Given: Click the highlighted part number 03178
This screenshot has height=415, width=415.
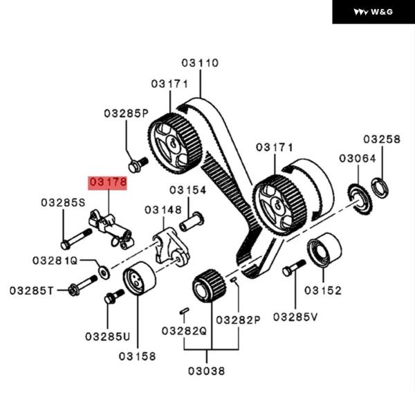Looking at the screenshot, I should [x=108, y=183].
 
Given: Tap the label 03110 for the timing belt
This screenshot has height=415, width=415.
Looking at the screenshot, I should [x=200, y=63].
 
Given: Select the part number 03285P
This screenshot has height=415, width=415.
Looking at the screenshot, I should [x=127, y=113].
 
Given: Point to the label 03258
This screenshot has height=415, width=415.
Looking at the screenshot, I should [x=382, y=139].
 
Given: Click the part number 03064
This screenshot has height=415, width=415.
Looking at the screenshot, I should [x=358, y=158].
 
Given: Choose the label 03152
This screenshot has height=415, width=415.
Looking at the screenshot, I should [x=323, y=290].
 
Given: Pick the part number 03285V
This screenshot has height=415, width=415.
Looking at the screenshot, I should [x=295, y=317].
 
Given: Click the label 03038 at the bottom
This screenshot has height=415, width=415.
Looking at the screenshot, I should [x=206, y=371].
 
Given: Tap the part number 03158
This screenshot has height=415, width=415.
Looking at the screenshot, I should [x=137, y=356].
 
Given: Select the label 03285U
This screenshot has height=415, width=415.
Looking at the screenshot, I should [x=108, y=336].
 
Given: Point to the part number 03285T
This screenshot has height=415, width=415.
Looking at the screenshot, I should [x=32, y=290].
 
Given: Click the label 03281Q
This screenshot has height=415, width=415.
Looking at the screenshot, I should [x=55, y=260].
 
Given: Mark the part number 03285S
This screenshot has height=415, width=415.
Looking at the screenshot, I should [x=63, y=203].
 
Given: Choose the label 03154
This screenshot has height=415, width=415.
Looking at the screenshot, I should [x=188, y=190].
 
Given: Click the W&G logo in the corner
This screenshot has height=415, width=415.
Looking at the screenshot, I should [x=373, y=12].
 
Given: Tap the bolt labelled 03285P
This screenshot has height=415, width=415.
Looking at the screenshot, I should [x=137, y=165].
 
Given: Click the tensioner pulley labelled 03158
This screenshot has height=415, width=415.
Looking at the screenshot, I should [x=138, y=279].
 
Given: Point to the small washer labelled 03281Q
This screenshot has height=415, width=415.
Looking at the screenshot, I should [x=103, y=269].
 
